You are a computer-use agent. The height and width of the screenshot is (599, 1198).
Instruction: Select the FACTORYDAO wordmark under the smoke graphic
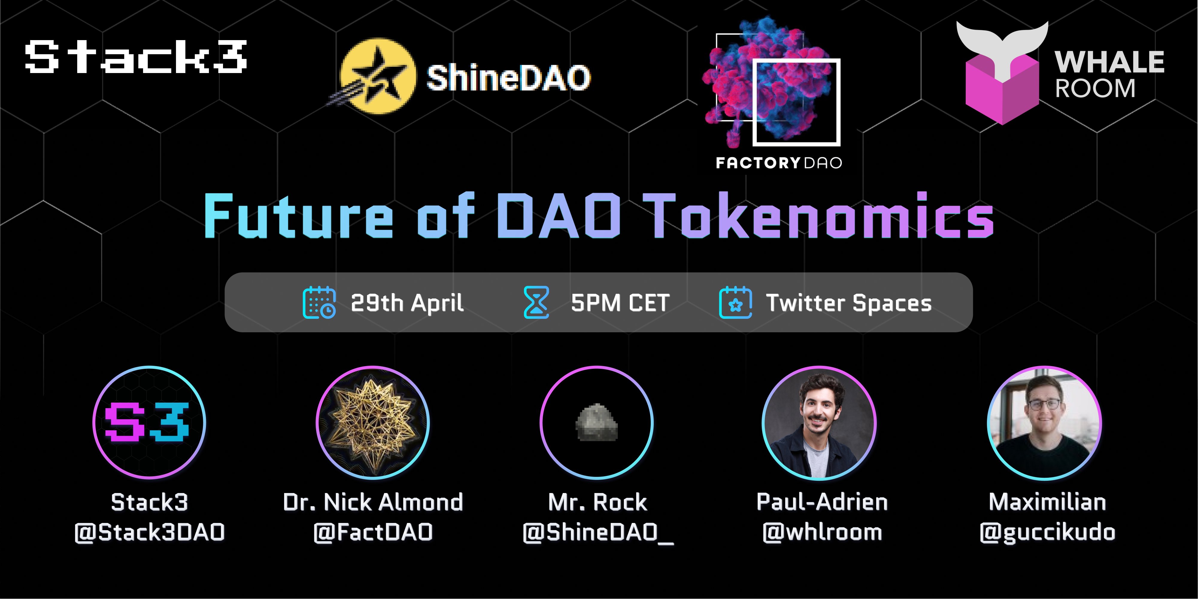[x=779, y=163]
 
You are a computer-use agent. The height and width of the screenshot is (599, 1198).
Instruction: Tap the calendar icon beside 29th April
[x=319, y=302]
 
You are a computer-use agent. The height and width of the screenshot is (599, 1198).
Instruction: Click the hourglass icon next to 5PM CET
[x=536, y=302]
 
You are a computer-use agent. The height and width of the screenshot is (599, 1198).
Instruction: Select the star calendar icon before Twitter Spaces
[x=735, y=302]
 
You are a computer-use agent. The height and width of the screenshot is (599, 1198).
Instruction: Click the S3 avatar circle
[x=149, y=422]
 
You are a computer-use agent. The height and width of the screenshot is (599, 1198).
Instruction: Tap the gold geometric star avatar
[x=372, y=422]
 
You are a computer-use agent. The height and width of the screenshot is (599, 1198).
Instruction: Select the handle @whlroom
[x=822, y=532]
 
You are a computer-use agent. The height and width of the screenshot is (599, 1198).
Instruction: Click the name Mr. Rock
[x=597, y=502]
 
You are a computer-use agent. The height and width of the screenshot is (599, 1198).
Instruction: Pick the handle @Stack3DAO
[x=149, y=532]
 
